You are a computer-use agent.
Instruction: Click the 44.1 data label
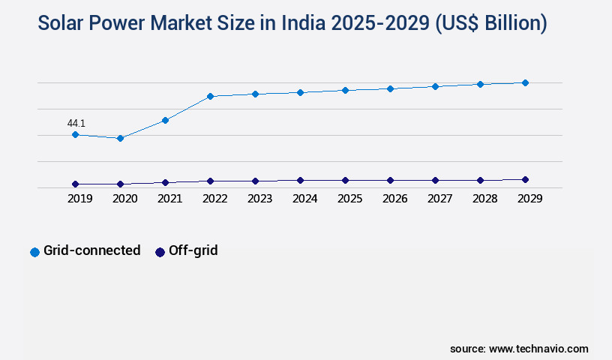tap(76, 123)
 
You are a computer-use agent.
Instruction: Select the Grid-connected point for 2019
tap(75, 135)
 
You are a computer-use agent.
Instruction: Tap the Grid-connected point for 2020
tap(120, 138)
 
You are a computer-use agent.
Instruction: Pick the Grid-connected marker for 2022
tap(210, 96)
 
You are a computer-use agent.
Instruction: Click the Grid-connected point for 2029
tap(525, 82)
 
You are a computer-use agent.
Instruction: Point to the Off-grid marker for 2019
tap(75, 184)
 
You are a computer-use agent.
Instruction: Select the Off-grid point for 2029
tap(525, 179)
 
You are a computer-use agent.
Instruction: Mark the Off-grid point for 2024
tap(300, 180)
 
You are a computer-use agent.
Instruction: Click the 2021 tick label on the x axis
tap(169, 199)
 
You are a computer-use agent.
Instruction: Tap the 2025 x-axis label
tap(349, 199)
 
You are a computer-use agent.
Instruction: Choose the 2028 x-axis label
tap(484, 199)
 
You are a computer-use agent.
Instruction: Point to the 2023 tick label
tap(259, 199)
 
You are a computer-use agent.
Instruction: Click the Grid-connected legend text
tap(91, 250)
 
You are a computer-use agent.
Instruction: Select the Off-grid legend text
tap(193, 250)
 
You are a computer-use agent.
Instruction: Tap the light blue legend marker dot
tap(34, 252)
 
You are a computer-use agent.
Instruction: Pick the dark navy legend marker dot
tap(159, 252)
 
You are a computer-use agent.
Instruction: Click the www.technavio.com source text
tap(538, 349)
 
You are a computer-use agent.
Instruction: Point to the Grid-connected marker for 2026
tap(390, 88)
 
